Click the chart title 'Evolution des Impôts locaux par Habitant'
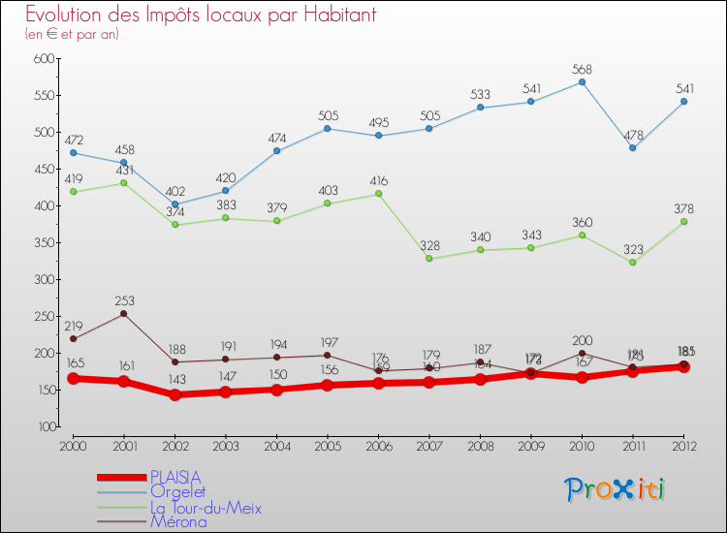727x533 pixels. [201, 16]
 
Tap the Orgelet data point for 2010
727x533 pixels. [582, 82]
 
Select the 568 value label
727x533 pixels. [582, 70]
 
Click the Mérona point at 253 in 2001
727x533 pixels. [124, 314]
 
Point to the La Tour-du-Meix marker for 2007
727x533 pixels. [428, 259]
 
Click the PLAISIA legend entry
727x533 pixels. [175, 477]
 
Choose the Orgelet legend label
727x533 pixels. [177, 491]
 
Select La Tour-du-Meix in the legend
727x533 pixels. [205, 507]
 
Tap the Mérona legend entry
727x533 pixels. [178, 521]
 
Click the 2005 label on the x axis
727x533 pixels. [327, 445]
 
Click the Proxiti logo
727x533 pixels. [616, 489]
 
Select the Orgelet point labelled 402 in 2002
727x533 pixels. [174, 204]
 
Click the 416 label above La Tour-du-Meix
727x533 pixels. [378, 180]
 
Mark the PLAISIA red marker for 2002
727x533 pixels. [174, 394]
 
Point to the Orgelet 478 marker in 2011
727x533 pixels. [632, 147]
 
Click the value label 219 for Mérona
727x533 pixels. [74, 327]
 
